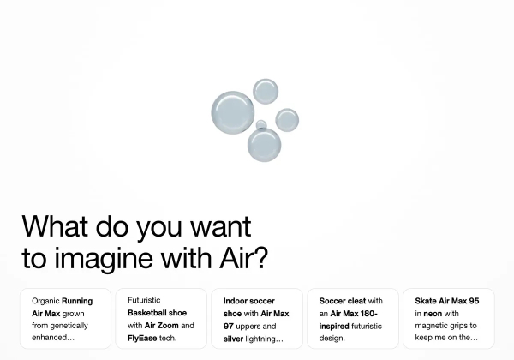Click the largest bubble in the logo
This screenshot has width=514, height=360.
coord(232,112)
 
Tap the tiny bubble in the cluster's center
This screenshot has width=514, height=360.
coord(261,124)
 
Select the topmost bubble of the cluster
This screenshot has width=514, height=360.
coord(266,91)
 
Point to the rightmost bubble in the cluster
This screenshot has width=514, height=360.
coord(287,120)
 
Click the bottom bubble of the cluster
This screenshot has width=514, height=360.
coord(264,145)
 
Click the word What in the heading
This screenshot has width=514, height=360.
coord(55,226)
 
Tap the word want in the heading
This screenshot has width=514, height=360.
coord(221,226)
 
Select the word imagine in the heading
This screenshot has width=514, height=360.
coord(104,259)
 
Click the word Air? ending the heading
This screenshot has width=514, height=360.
coord(243,257)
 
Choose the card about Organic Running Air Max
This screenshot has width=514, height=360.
coord(66,319)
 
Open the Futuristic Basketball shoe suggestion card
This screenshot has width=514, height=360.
coord(161,319)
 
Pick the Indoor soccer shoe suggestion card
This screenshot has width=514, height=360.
coord(257,319)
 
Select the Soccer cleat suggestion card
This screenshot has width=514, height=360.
coord(353,319)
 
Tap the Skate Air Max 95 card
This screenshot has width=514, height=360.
coord(448,319)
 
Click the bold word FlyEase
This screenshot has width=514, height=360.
coord(142,338)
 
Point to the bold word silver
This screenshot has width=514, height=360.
coord(233,339)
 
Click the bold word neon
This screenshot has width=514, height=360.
coord(433,314)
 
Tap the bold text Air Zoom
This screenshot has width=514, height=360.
coord(162,326)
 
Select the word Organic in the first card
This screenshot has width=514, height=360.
coord(45,302)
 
